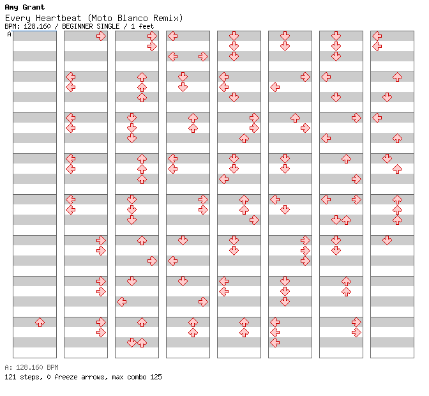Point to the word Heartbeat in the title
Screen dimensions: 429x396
[59, 18]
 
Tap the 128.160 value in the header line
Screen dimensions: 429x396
[37, 27]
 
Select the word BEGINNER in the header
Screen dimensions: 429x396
[77, 27]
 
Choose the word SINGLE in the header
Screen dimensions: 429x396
[108, 27]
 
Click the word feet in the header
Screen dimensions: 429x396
[146, 27]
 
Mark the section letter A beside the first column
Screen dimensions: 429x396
[10, 34]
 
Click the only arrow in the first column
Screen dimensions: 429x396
[40, 322]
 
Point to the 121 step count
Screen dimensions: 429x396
[10, 377]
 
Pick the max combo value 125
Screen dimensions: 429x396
[156, 377]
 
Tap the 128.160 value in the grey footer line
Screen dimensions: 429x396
[29, 367]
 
